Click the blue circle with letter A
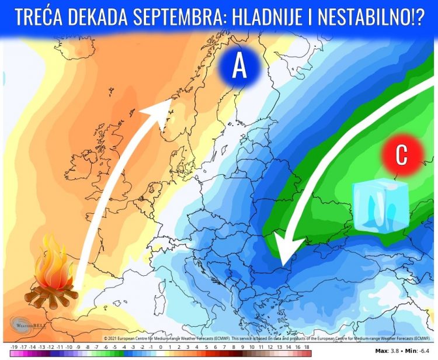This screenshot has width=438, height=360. click(x=239, y=67)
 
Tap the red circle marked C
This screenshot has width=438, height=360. click(x=402, y=154)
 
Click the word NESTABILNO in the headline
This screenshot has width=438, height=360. click(x=375, y=18)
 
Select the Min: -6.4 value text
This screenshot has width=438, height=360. click(x=417, y=351)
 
